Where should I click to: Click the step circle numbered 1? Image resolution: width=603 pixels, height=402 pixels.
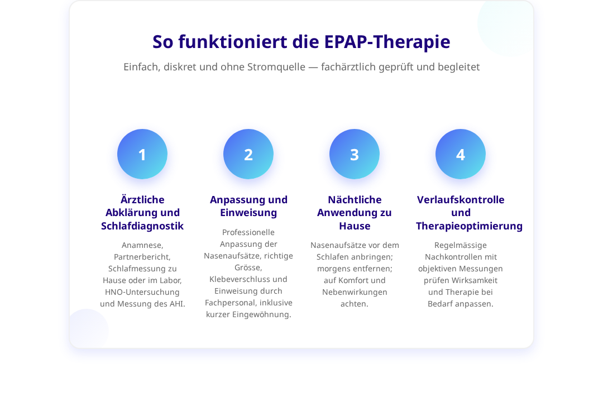tap(142, 154)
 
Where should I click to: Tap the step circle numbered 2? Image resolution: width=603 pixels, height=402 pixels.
tap(248, 154)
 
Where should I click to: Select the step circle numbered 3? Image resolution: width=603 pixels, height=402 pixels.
tap(355, 154)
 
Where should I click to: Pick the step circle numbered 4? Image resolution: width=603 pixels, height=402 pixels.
tap(460, 154)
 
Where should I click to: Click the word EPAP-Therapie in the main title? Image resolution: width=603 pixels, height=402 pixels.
tap(387, 42)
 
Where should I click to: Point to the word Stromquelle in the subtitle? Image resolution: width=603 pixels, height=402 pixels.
tap(276, 67)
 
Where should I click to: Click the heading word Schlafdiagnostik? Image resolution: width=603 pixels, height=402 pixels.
tap(142, 226)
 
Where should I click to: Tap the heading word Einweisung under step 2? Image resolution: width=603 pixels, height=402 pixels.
tap(248, 213)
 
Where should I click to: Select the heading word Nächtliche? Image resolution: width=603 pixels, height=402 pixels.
tap(355, 200)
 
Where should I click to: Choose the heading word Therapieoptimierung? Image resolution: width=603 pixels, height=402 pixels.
tap(469, 226)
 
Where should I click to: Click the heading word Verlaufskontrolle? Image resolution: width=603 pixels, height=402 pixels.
tap(461, 200)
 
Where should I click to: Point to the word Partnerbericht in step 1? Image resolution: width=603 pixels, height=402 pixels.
tap(141, 257)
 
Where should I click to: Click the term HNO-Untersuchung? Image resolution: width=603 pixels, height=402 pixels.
tap(142, 292)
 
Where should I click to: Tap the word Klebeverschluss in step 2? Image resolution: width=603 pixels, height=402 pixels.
tap(238, 279)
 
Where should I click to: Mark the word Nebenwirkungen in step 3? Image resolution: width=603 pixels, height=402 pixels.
tap(355, 292)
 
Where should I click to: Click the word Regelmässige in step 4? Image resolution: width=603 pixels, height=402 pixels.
tap(460, 246)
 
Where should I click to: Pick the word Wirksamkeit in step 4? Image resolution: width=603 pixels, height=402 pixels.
tap(474, 280)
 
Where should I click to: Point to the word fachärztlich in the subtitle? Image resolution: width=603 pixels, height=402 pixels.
tap(348, 67)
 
